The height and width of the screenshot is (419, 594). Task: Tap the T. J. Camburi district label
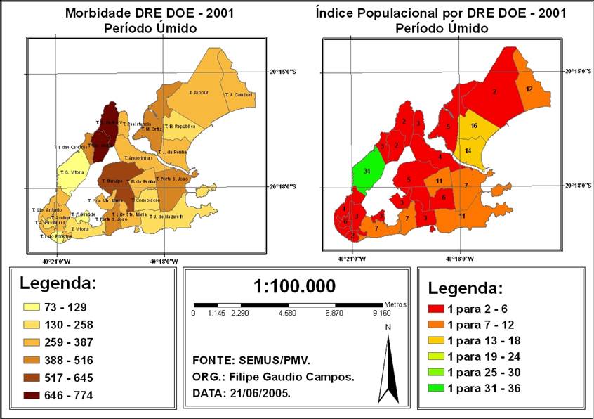(x=238, y=94)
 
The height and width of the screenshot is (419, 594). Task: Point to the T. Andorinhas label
(x=141, y=158)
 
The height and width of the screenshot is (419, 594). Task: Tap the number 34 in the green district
(x=367, y=171)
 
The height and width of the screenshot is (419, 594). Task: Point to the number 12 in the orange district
(x=529, y=89)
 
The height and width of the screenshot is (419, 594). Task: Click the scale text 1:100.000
(x=294, y=286)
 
